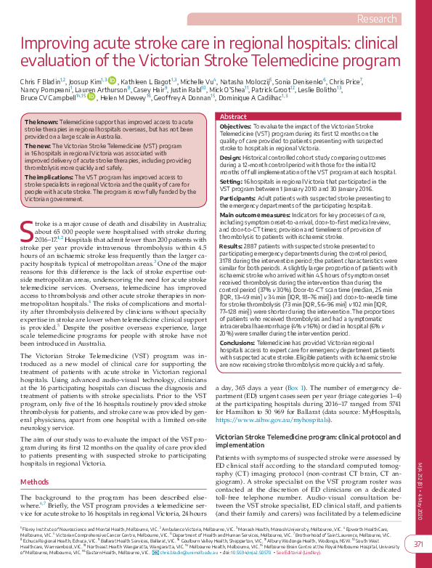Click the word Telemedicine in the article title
pyautogui.click(x=304, y=61)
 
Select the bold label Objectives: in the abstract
pyautogui.click(x=235, y=126)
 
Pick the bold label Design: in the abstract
pyautogui.click(x=230, y=157)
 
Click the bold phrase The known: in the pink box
pyautogui.click(x=41, y=123)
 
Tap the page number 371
pyautogui.click(x=418, y=544)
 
